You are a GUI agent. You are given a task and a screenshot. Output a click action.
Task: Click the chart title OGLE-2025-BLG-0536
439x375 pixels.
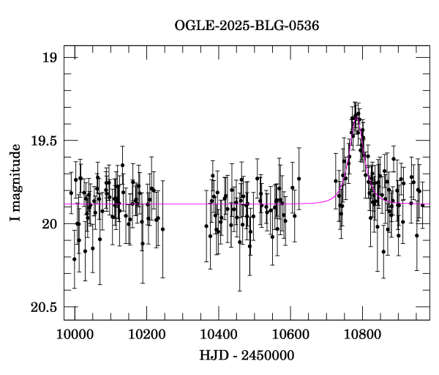pyautogui.click(x=247, y=26)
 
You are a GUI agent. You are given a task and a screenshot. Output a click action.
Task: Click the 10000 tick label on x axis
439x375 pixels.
pyautogui.click(x=75, y=333)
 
